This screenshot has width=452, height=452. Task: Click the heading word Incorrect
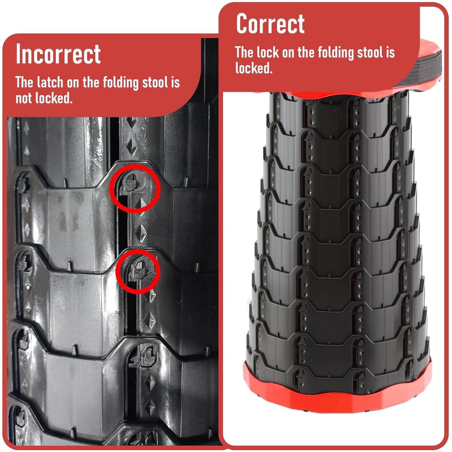[x=58, y=54]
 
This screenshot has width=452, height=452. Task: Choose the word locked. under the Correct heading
[x=254, y=68]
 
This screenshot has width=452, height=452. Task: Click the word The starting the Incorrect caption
[x=24, y=82]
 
